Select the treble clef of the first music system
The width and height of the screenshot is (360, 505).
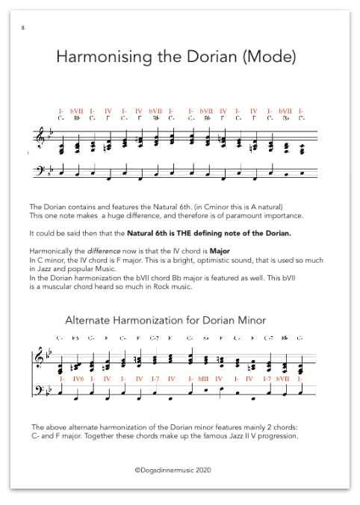tap(39, 138)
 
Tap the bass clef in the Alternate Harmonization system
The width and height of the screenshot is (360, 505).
tap(38, 393)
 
